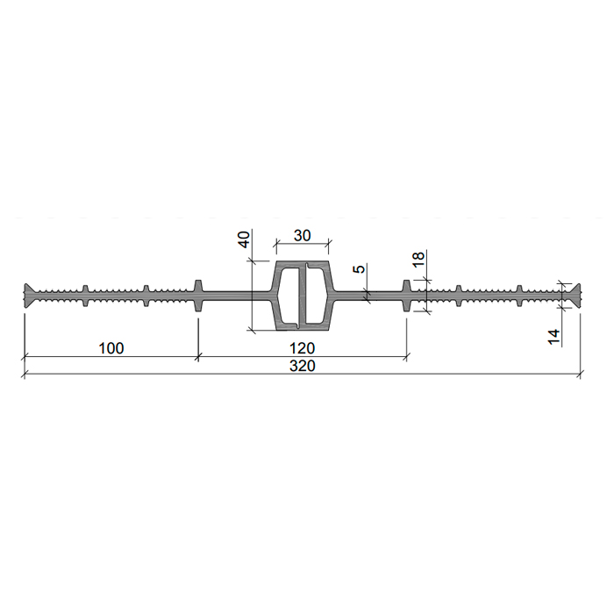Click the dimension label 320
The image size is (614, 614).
pos(303,366)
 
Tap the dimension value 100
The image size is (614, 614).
pos(111,348)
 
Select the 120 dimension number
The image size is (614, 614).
pos(303,348)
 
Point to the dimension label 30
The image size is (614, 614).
pos(303,236)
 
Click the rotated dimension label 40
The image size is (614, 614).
pos(244,239)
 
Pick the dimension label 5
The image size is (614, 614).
pos(359,268)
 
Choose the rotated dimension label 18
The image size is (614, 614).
pos(418,260)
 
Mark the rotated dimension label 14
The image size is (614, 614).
pos(553,337)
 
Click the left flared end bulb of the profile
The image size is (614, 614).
pos(29,296)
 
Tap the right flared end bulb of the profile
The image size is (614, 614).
pos(575,296)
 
